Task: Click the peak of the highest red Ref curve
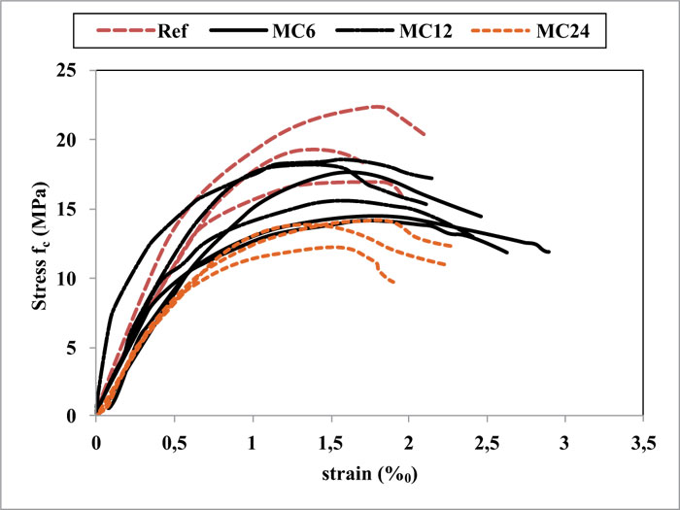coord(379,106)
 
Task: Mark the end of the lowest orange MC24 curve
coord(393,282)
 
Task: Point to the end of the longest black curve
coord(549,252)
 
